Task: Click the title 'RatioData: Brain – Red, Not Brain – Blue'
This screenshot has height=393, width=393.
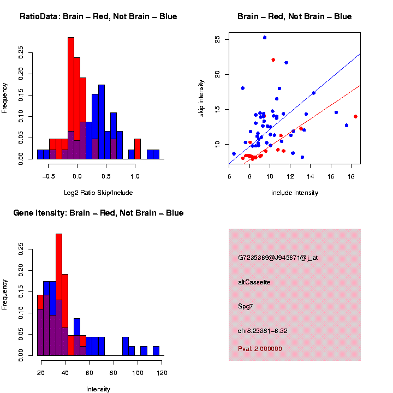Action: coord(98,16)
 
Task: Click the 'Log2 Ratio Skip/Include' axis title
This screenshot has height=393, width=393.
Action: coord(98,193)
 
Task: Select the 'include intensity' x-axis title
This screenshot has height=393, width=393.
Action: coord(294,193)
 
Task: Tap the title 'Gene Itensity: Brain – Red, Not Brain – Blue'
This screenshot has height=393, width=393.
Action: coord(98,213)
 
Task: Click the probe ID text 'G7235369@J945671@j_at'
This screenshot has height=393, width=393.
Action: coord(278,258)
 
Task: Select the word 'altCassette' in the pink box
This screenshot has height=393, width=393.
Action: coord(254,282)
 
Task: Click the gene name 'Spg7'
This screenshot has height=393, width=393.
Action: coord(245,306)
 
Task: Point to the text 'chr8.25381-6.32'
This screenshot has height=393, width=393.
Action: coord(263,331)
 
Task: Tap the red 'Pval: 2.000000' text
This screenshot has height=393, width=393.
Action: coord(260,349)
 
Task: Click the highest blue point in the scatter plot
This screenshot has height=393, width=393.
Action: coord(265,38)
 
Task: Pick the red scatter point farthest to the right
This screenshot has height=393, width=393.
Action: coord(355,116)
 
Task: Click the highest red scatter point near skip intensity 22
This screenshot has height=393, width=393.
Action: coord(273,60)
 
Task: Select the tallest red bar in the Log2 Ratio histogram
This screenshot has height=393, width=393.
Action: coord(71,98)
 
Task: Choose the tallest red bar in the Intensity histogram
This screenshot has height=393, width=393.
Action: coord(59,295)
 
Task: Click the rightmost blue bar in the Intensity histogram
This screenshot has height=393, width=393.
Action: coord(156,351)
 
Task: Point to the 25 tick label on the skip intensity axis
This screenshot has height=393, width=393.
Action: coord(218,39)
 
